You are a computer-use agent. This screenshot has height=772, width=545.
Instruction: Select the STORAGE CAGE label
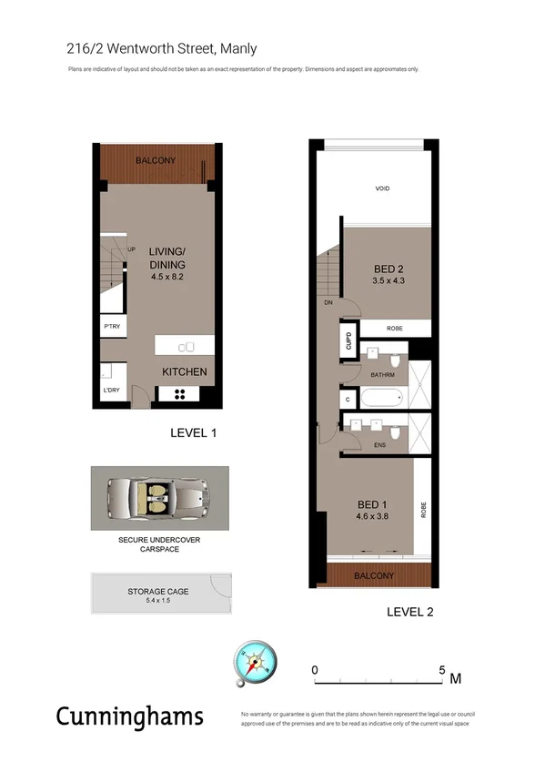point(158,592)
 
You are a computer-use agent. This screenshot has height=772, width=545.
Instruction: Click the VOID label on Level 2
point(382,188)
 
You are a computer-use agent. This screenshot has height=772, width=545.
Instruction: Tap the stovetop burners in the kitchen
point(179,394)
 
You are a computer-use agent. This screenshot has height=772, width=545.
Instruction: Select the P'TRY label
point(113,327)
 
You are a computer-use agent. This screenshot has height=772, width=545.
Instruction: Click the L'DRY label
point(112,391)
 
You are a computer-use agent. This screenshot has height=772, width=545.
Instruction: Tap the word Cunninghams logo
point(130,716)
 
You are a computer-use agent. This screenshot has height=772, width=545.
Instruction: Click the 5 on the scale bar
point(442,671)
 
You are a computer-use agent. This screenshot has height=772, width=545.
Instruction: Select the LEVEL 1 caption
point(193,433)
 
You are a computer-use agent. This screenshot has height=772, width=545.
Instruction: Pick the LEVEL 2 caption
point(409,612)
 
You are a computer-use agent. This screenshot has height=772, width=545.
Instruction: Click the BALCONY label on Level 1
point(155,161)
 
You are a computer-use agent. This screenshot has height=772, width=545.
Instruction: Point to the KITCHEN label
point(185,371)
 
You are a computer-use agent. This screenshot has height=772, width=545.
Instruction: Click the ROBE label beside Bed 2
point(382,329)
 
